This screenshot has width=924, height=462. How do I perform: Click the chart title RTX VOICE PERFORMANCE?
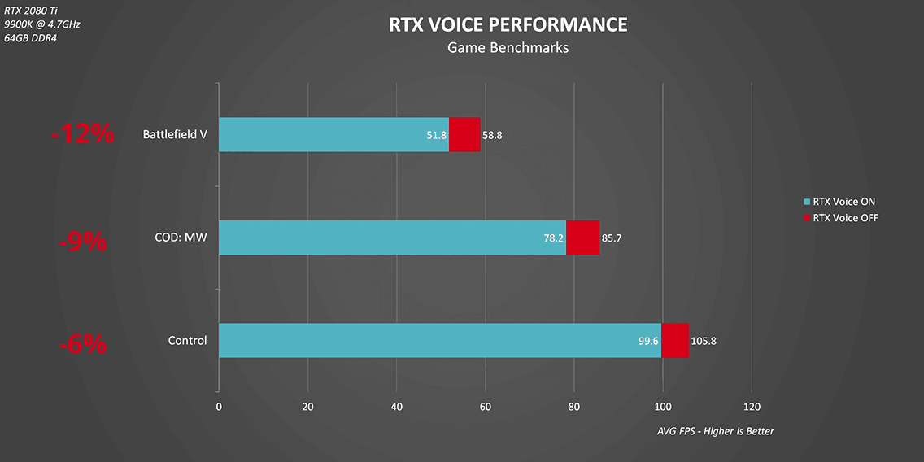pyautogui.click(x=508, y=25)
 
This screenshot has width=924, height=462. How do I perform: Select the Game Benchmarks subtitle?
pyautogui.click(x=508, y=48)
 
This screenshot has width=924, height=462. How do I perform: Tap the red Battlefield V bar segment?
pyautogui.click(x=464, y=134)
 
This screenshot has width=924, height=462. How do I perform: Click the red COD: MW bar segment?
pyautogui.click(x=582, y=238)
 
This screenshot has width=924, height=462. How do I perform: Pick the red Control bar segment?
pyautogui.click(x=675, y=340)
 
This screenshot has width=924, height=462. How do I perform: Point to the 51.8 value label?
pyautogui.click(x=437, y=135)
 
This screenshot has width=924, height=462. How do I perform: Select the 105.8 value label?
pyautogui.click(x=704, y=341)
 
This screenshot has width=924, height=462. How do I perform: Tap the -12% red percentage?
pyautogui.click(x=82, y=134)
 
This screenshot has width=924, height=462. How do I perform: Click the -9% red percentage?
pyautogui.click(x=82, y=241)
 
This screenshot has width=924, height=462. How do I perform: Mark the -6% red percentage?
pyautogui.click(x=82, y=344)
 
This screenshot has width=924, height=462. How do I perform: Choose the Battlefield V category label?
pyautogui.click(x=174, y=134)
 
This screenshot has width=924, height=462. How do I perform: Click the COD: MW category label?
pyautogui.click(x=181, y=238)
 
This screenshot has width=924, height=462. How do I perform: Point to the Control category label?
pyautogui.click(x=187, y=340)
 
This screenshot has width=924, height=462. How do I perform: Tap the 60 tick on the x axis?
pyautogui.click(x=485, y=407)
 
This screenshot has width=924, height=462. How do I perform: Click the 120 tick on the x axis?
pyautogui.click(x=752, y=407)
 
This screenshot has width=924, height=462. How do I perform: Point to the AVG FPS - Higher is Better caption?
pyautogui.click(x=715, y=431)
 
